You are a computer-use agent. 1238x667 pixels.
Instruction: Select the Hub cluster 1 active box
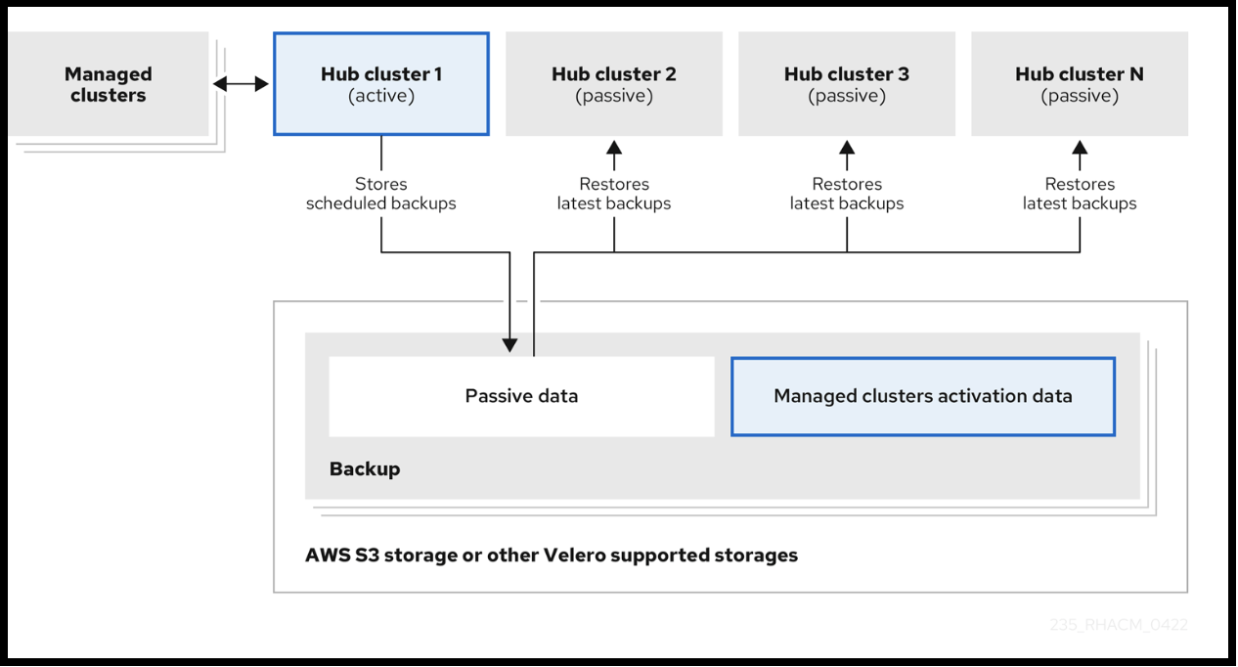tap(380, 84)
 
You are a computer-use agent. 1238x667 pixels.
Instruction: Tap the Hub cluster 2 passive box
tap(613, 84)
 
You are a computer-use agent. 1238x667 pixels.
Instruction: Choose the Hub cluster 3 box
tap(846, 84)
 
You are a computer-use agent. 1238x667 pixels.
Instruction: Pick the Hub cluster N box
tap(1079, 84)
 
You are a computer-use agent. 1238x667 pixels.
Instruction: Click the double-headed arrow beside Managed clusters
tap(241, 84)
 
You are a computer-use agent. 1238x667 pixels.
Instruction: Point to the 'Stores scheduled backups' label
tap(380, 194)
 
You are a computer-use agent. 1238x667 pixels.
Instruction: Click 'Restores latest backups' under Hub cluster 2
tap(613, 194)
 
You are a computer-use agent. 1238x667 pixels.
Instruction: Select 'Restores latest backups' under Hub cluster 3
tap(846, 194)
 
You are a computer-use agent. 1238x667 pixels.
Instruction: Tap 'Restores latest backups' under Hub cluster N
tap(1079, 194)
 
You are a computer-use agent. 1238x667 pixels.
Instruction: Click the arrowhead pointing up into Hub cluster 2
tap(613, 148)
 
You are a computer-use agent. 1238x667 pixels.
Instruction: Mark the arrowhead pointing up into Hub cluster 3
tap(847, 148)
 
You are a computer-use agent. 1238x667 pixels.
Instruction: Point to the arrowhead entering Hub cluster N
tap(1080, 148)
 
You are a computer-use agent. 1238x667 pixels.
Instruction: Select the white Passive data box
tap(521, 396)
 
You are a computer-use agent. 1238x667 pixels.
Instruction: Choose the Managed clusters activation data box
tap(922, 396)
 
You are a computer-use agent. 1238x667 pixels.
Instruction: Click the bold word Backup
tap(364, 468)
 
